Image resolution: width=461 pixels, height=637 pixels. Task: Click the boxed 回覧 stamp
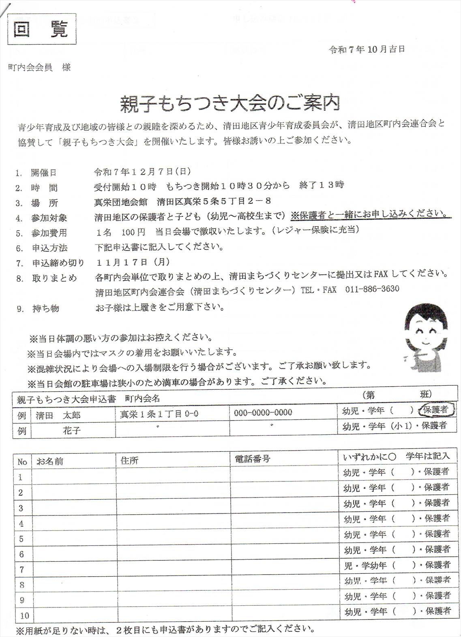click(42, 29)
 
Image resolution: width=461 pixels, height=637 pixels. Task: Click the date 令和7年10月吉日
click(367, 49)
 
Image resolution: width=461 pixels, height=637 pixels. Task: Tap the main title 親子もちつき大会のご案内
click(229, 104)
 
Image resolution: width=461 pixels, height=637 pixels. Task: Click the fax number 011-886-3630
click(372, 289)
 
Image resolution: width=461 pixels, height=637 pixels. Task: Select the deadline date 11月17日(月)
click(133, 262)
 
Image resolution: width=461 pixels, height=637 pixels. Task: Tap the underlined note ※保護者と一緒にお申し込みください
click(370, 214)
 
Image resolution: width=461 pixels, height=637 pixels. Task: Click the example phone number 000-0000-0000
click(263, 413)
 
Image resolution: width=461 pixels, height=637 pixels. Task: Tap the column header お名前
click(50, 461)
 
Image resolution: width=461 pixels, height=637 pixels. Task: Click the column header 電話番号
click(252, 459)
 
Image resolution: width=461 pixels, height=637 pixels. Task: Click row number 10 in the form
click(24, 616)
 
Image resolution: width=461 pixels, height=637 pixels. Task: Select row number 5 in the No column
click(21, 539)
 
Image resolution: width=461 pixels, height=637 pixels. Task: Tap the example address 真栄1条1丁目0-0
click(159, 414)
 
